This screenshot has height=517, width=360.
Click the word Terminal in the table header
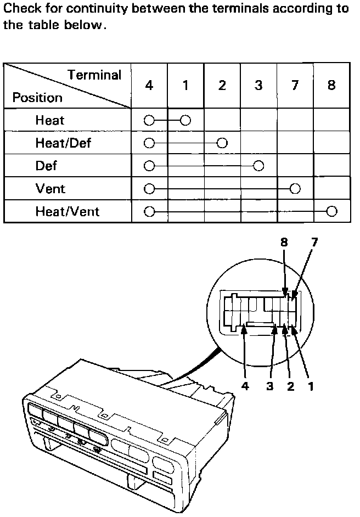[x=94, y=75]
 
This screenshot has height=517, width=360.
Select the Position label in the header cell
[x=37, y=98]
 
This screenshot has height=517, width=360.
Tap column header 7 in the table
[x=295, y=86]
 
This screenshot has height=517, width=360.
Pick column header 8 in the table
[x=331, y=86]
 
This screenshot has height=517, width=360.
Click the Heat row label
[x=50, y=120]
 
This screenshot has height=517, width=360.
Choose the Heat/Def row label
[x=63, y=143]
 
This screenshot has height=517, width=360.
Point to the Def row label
[x=46, y=166]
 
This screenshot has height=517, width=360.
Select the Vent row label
[x=50, y=189]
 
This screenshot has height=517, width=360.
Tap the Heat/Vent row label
[x=67, y=211]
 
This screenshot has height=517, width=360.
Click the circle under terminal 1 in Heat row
[x=185, y=120]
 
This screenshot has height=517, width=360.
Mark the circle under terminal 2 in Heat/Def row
[x=222, y=143]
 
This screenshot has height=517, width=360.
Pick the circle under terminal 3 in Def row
[x=258, y=166]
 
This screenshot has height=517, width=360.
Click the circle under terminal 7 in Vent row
[x=295, y=189]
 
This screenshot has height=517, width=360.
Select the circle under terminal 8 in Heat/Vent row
[x=331, y=211]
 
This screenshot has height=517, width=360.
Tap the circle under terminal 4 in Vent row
[x=149, y=189]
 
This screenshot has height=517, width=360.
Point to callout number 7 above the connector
[x=313, y=242]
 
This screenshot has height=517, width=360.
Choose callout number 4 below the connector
[x=245, y=386]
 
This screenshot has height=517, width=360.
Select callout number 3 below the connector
[x=270, y=386]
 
